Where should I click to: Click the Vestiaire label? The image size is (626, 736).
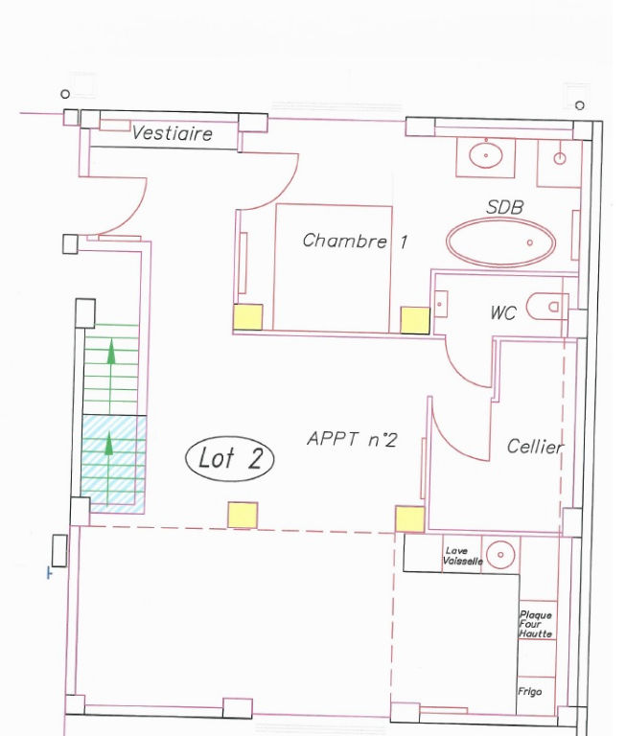click(x=172, y=133)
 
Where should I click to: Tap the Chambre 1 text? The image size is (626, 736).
click(x=355, y=241)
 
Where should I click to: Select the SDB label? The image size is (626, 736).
click(x=504, y=207)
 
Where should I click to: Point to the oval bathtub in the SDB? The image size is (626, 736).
click(x=500, y=242)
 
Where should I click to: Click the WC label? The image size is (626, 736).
click(x=503, y=312)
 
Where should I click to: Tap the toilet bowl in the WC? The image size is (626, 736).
click(x=546, y=307)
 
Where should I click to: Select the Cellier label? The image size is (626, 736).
click(x=535, y=446)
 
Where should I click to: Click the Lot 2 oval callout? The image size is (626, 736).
click(x=230, y=458)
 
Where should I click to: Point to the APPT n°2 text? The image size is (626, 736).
click(x=352, y=439)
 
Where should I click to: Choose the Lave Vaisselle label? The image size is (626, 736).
click(x=462, y=556)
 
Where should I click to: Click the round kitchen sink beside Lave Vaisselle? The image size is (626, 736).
click(x=500, y=554)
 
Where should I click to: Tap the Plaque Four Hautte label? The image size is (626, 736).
click(x=535, y=624)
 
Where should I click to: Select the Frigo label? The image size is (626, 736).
click(x=530, y=691)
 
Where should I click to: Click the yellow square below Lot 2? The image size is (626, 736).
click(x=243, y=516)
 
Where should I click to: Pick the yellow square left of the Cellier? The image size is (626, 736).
click(x=409, y=519)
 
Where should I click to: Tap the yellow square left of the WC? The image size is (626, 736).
click(x=415, y=321)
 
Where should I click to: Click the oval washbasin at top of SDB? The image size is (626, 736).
click(x=486, y=154)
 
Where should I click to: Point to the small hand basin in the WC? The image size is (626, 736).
click(x=441, y=304)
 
